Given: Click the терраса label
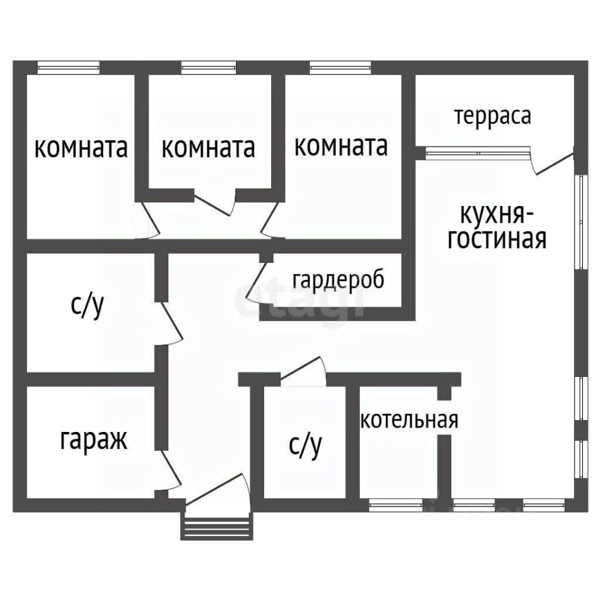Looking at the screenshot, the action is click(x=493, y=116).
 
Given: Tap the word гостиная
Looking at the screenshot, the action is click(x=497, y=239).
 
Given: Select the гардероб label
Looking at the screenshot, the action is click(x=337, y=280).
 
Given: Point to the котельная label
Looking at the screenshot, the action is click(x=409, y=419).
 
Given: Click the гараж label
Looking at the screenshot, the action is click(x=94, y=439).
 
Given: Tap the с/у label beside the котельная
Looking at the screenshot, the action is click(x=306, y=444).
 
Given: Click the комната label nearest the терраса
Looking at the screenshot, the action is click(x=341, y=146).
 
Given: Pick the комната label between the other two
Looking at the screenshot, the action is click(x=208, y=148).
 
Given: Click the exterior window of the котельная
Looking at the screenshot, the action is click(x=394, y=505).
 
